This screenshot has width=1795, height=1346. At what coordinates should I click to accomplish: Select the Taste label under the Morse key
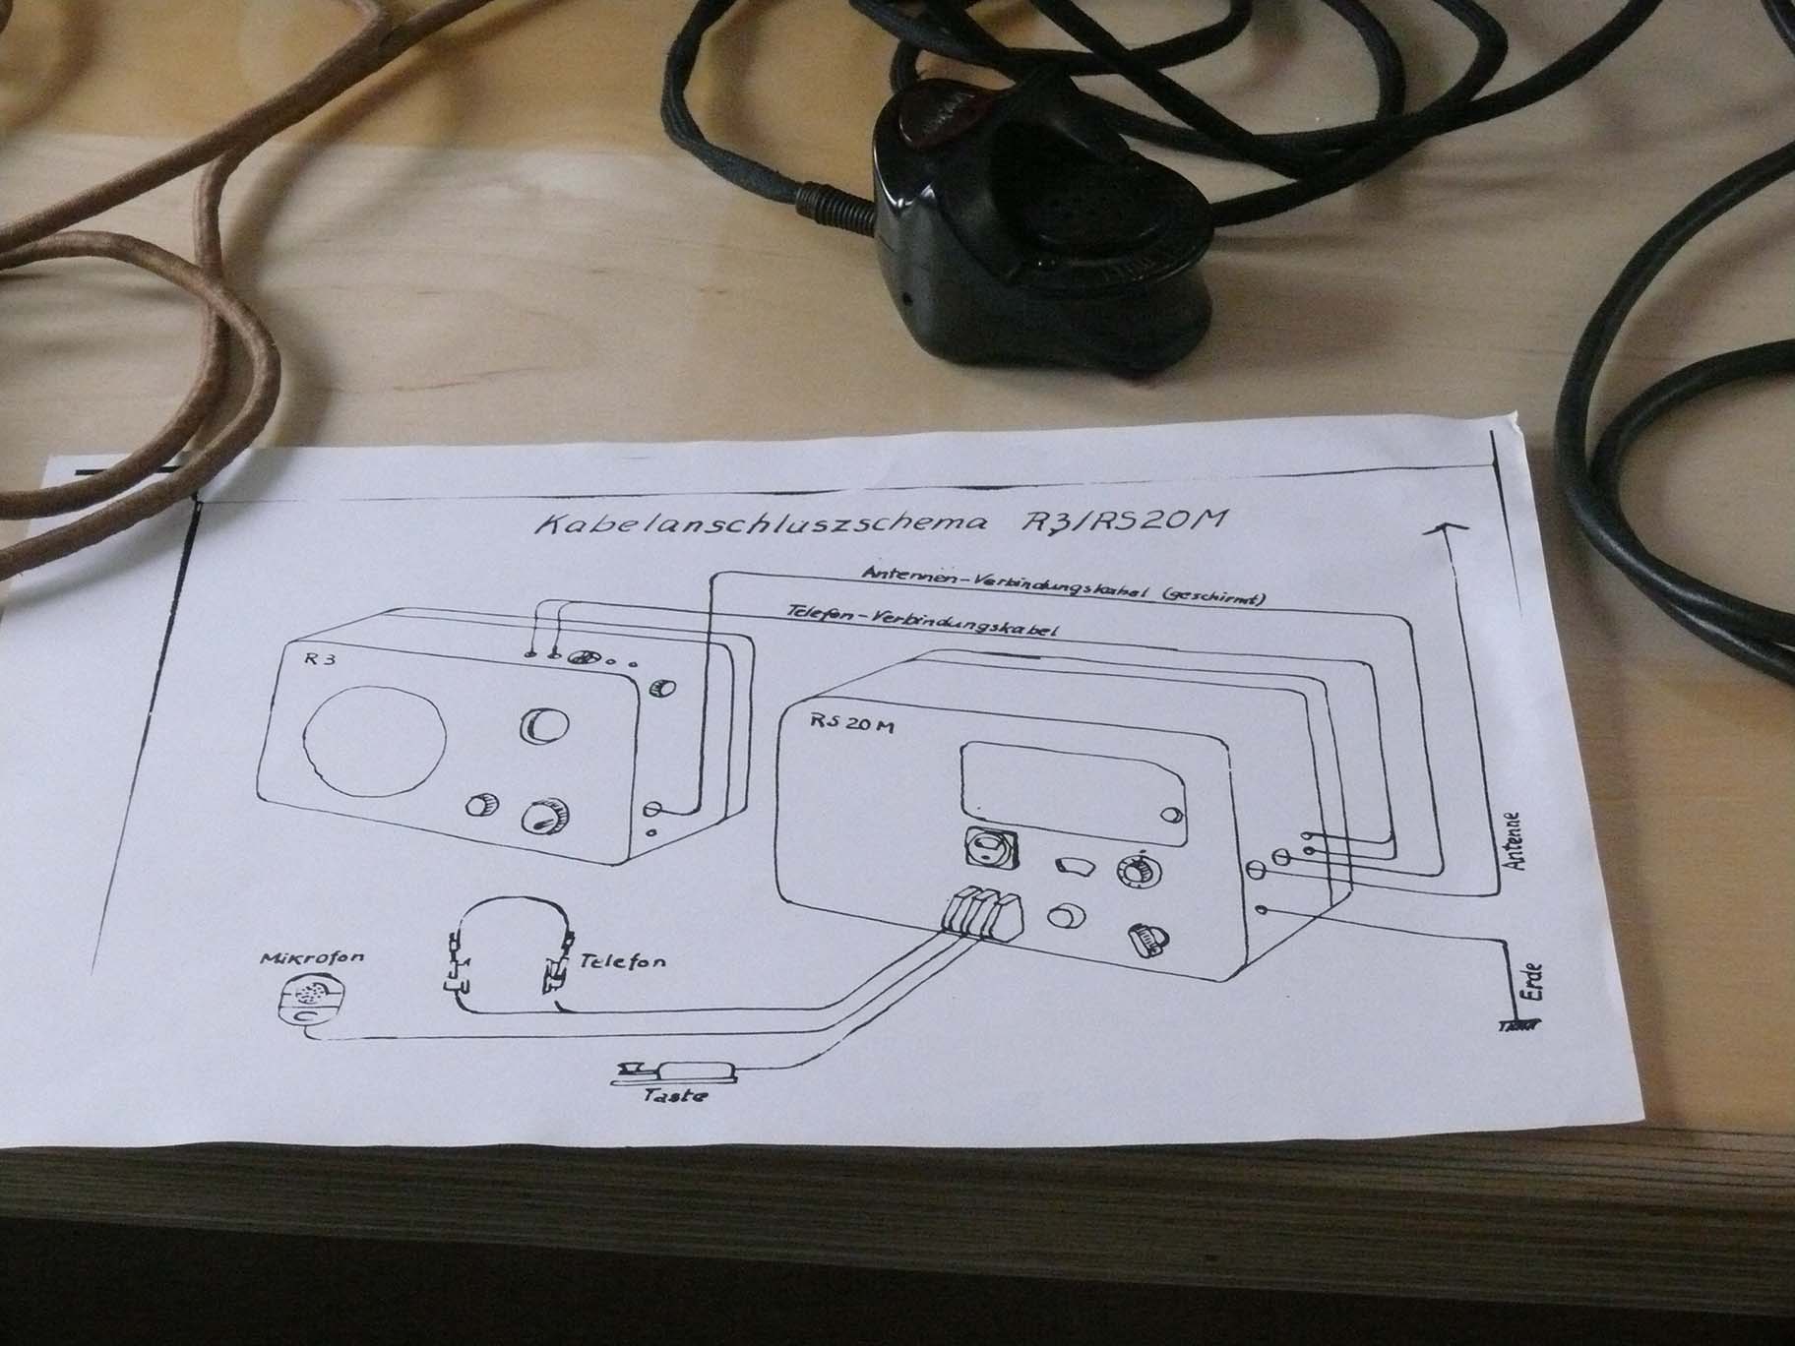click(x=675, y=1093)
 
